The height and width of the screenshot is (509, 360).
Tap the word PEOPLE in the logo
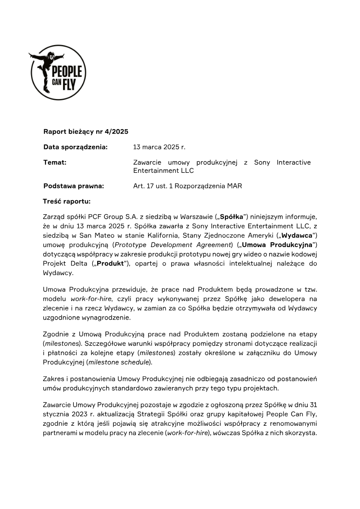pos(67,72)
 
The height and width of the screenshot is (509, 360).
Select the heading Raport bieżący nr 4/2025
pos(86,132)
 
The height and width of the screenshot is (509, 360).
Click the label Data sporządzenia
pos(76,147)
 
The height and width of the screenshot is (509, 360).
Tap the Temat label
pos(55,162)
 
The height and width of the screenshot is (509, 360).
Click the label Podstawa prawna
pos(74,186)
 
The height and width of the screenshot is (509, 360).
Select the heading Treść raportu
pos(67,201)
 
